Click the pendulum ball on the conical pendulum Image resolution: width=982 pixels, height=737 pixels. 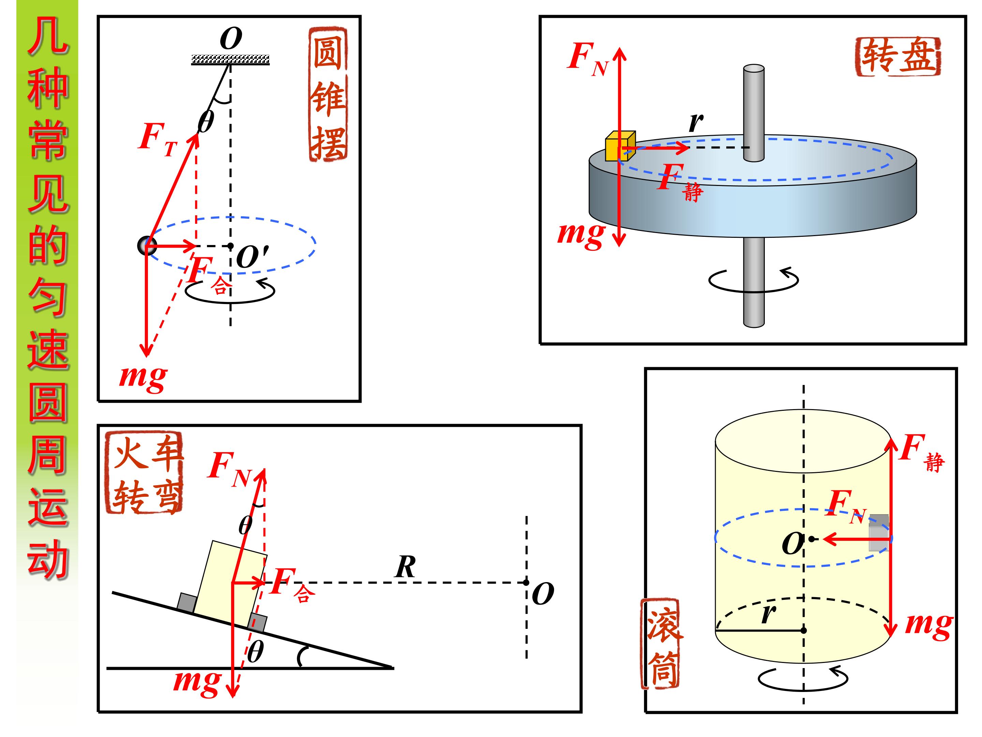[x=147, y=246]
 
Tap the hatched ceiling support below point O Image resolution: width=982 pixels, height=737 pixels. [x=230, y=59]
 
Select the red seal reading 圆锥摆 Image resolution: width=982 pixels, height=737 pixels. [x=328, y=94]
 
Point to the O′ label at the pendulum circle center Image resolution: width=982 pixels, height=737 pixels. [x=252, y=257]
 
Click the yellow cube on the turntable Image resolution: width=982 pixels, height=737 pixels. [x=620, y=146]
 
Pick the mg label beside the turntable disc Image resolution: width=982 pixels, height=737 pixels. [x=581, y=234]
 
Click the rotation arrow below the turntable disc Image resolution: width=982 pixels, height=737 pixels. [x=753, y=280]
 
